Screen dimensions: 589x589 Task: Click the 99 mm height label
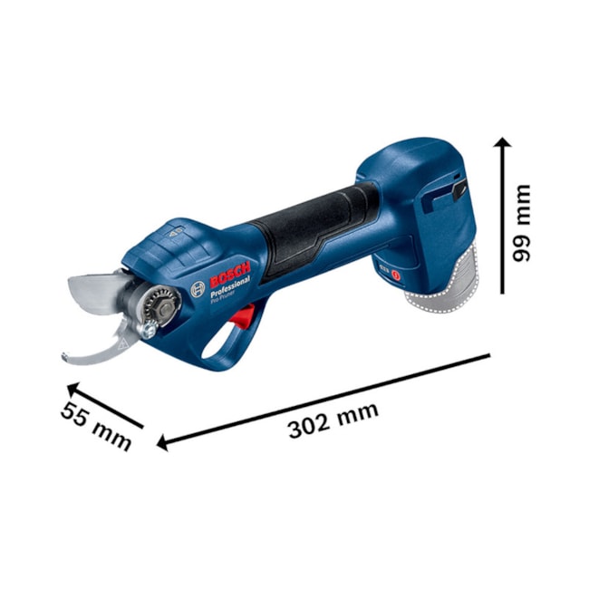click(x=523, y=223)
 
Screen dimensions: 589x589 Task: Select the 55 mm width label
click(x=96, y=425)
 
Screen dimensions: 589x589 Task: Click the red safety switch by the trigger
click(x=241, y=317)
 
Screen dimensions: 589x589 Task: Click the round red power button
click(x=395, y=269)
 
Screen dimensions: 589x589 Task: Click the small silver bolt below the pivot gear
click(x=147, y=333)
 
